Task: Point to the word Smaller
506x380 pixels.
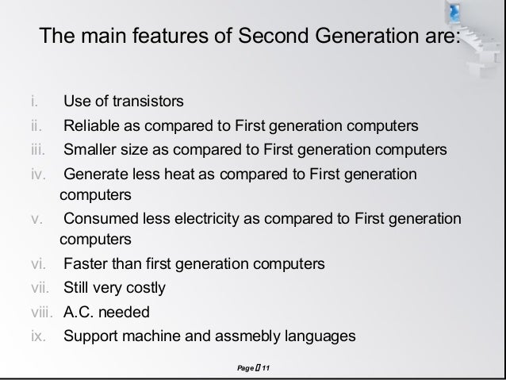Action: [x=90, y=150]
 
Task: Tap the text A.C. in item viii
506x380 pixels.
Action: [x=80, y=311]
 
